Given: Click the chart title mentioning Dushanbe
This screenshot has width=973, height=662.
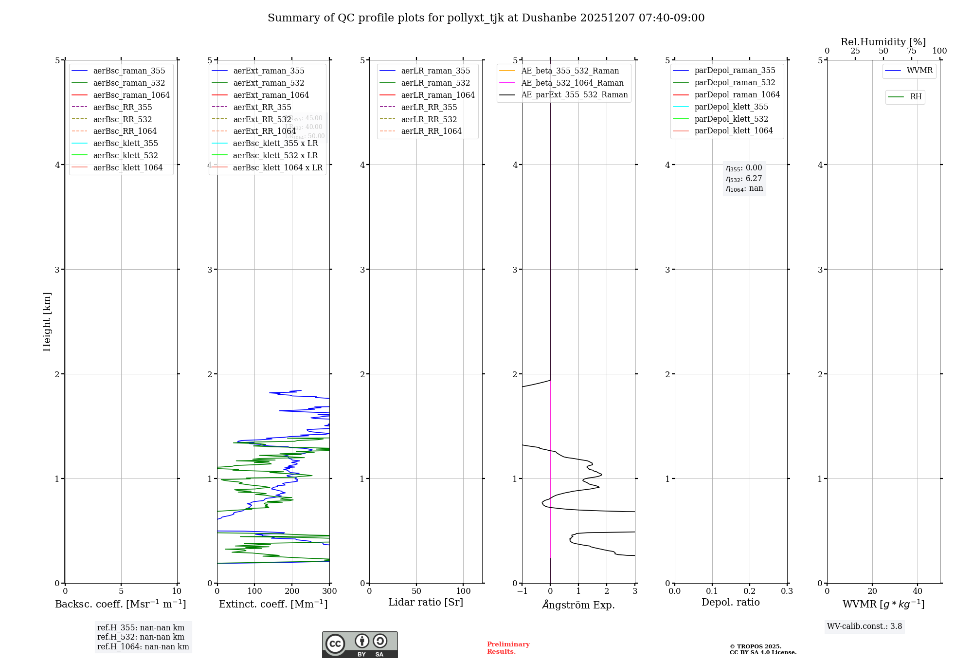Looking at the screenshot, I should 486,18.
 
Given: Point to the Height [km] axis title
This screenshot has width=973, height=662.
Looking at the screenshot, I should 47,322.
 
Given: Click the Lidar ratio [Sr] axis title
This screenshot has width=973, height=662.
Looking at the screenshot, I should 426,602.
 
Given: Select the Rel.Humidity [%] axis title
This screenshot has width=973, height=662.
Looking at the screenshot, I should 883,42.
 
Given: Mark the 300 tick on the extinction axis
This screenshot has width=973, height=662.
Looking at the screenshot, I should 329,591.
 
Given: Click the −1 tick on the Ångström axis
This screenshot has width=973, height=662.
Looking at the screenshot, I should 522,591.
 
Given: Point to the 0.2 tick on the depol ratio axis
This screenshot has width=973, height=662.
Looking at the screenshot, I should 750,591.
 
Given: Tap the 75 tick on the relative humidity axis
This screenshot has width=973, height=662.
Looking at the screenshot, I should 912,51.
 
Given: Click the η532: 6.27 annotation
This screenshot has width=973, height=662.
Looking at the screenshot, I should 744,179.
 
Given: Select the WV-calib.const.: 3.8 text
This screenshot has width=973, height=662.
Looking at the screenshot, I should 865,626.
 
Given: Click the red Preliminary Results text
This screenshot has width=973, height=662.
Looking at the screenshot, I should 508,648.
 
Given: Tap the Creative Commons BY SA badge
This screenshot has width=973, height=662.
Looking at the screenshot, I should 360,644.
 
